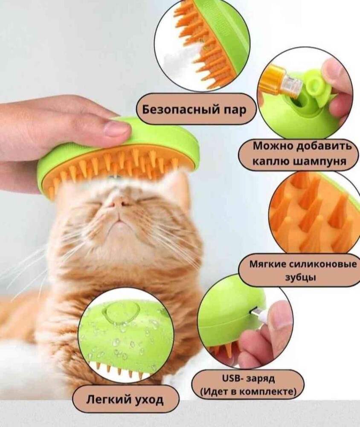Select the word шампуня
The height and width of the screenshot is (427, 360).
point(320,161)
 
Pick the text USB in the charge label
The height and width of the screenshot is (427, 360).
point(231,378)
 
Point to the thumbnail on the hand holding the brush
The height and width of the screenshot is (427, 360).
point(116,128)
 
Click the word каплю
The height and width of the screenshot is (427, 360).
point(270,161)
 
